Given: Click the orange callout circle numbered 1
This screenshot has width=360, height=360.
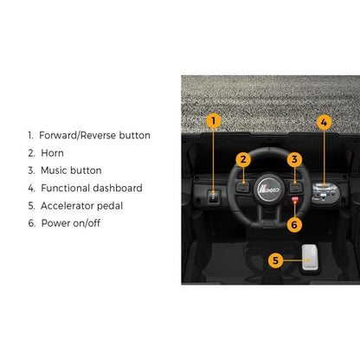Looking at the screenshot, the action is [213, 121].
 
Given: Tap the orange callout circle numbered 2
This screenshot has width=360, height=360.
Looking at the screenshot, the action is [243, 159].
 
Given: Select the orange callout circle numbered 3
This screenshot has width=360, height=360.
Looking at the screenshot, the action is [294, 159].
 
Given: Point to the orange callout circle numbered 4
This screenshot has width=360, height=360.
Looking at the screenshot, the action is [324, 122].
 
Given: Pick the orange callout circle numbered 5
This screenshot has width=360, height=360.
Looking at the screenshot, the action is [275, 260].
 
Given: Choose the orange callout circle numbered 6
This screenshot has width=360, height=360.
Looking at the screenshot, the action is [294, 225].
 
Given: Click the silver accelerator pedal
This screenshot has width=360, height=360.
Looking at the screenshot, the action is [310, 258].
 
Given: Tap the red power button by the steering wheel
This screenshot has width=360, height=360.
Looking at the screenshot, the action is [294, 199].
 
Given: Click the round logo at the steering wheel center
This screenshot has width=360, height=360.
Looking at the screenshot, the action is [269, 190].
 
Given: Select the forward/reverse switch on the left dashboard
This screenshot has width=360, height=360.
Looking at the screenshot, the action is [214, 197].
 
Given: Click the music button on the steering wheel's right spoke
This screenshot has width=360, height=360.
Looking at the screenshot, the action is [296, 187].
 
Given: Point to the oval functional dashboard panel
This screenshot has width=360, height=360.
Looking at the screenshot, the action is [326, 193].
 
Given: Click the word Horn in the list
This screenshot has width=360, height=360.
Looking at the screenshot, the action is [52, 153].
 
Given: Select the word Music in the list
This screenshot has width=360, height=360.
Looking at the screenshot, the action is [55, 170].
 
